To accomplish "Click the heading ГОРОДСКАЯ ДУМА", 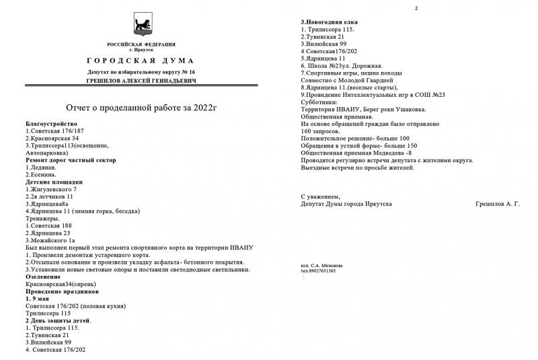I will coord(140,60).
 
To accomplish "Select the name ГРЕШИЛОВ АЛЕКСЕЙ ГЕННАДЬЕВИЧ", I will coord(140,79).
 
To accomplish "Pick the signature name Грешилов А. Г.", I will coord(498,203).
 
